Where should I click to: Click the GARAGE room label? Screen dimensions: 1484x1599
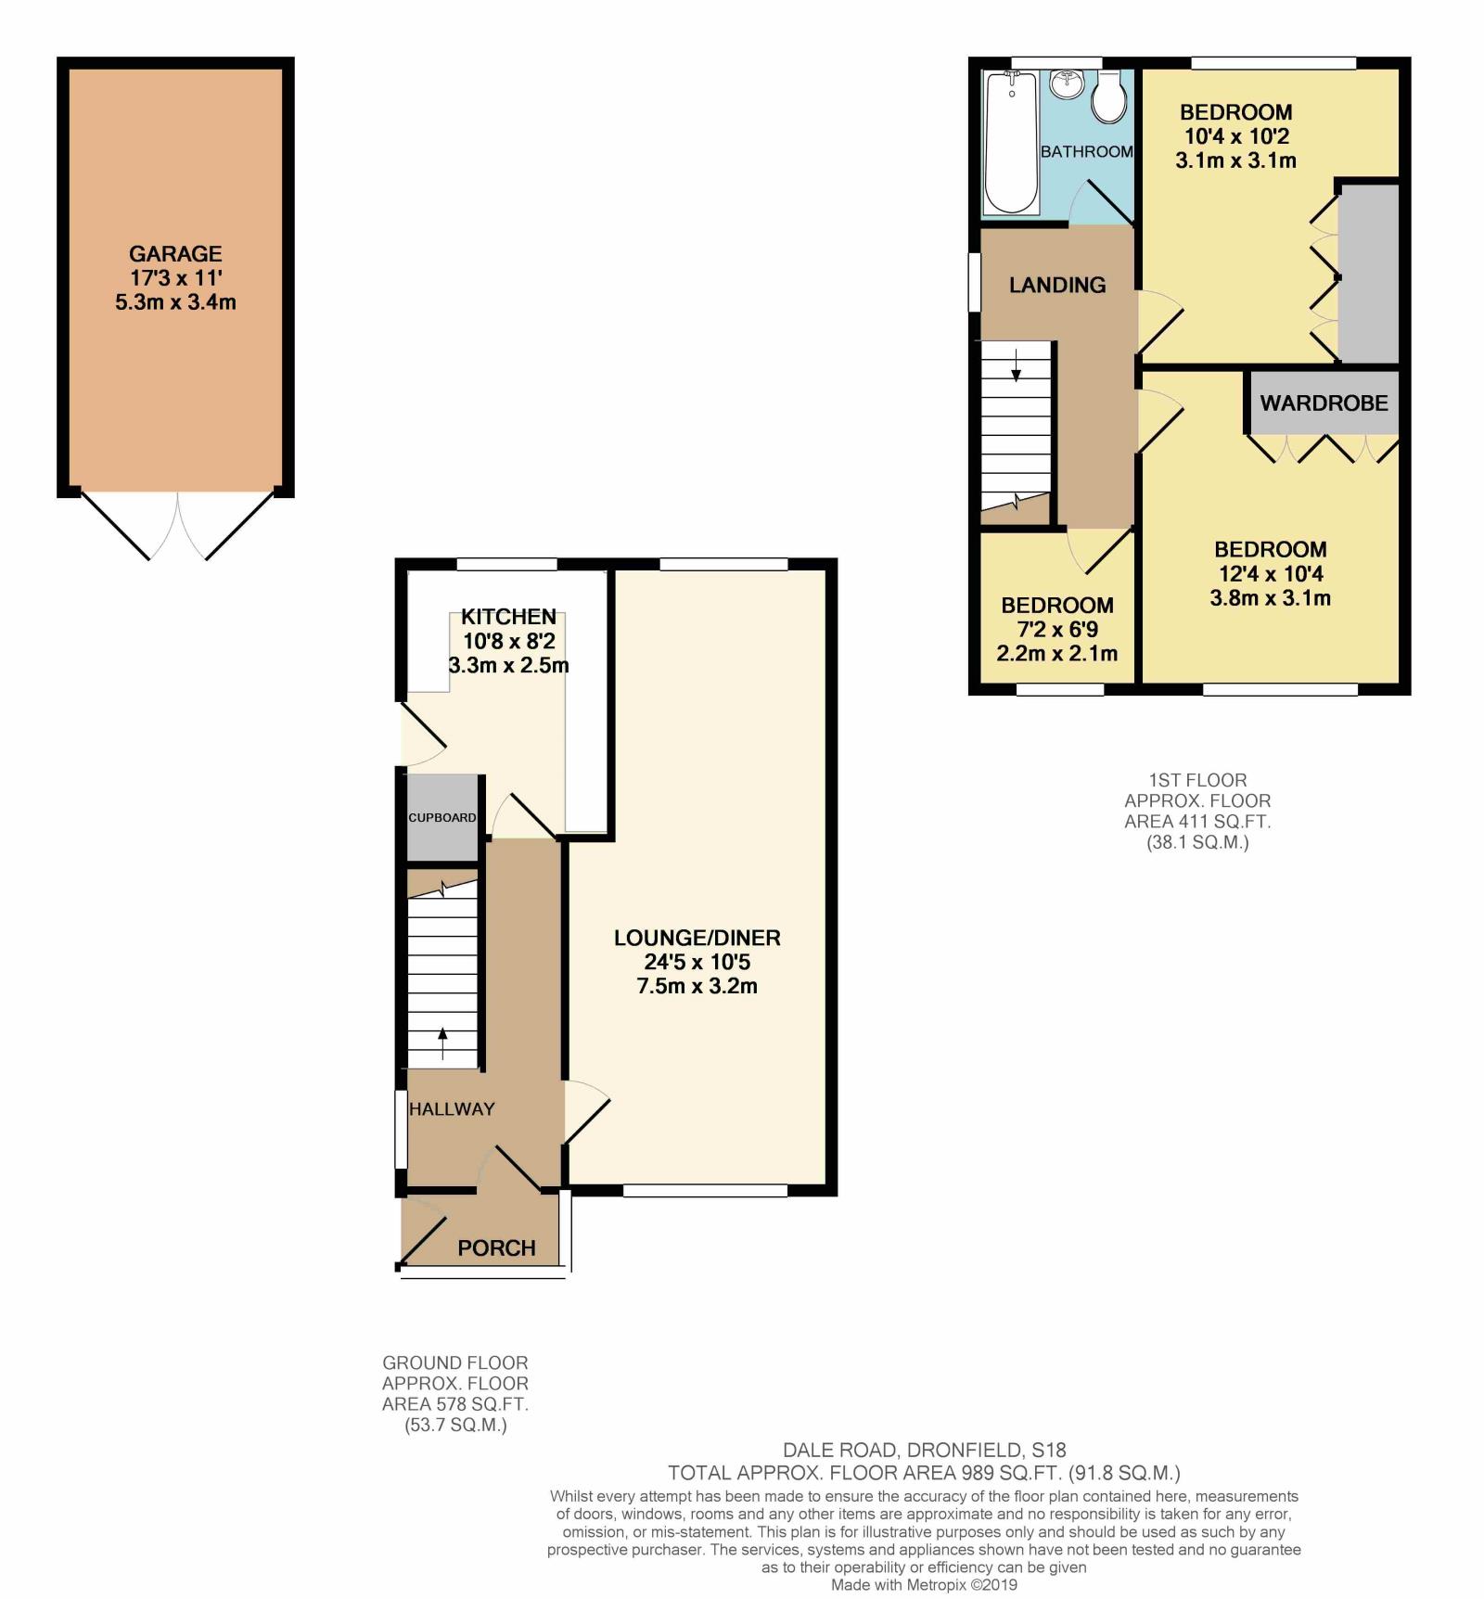pos(175,253)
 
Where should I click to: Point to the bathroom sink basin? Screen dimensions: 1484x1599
pos(1068,84)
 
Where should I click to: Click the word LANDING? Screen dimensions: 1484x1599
pos(1057,285)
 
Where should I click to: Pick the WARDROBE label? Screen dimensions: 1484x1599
pos(1324,403)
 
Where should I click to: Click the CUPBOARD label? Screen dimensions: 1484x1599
pos(442,817)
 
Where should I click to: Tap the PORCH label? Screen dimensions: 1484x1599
pos(496,1247)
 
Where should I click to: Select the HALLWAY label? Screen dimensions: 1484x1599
pos(452,1108)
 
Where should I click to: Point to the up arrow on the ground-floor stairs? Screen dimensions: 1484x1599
pos(441,1043)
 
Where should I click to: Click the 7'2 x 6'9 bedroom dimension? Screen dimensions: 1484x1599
pos(1057,629)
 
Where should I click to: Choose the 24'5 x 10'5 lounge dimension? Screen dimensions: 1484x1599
pos(697,962)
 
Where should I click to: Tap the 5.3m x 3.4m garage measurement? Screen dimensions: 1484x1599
pos(175,301)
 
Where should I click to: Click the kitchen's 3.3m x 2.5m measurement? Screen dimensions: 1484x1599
pos(508,665)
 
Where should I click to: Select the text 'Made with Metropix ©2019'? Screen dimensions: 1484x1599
pos(925,1585)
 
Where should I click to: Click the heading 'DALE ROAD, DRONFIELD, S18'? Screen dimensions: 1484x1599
pos(925,1450)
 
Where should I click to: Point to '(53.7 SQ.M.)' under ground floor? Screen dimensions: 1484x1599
pos(455,1426)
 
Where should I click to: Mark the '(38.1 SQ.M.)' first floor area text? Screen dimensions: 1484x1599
pos(1197,842)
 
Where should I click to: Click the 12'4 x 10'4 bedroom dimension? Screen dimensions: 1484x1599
pos(1271,573)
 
